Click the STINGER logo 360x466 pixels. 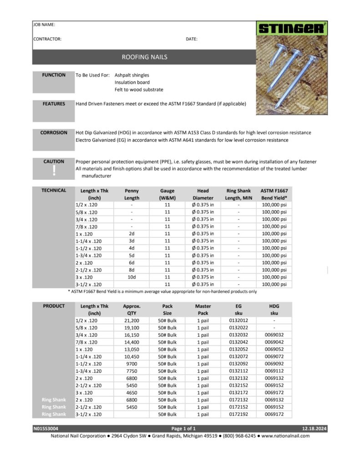click(292, 29)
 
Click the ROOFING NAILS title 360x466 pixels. click(144, 57)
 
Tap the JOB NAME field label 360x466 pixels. click(44, 24)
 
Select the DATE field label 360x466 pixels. click(192, 39)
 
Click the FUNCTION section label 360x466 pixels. click(54, 75)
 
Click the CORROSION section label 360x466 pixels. click(54, 133)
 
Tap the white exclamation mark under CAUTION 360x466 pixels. click(54, 170)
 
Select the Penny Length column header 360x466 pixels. click(132, 194)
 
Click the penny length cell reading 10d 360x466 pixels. click(132, 277)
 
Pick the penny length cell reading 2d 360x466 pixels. click(132, 234)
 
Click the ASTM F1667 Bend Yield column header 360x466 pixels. click(274, 194)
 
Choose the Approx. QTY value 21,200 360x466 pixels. click(132, 320)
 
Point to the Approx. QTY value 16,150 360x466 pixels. click(132, 335)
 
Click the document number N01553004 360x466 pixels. click(46, 429)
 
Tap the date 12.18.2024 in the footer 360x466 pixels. click(314, 429)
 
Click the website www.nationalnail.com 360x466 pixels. click(285, 436)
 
